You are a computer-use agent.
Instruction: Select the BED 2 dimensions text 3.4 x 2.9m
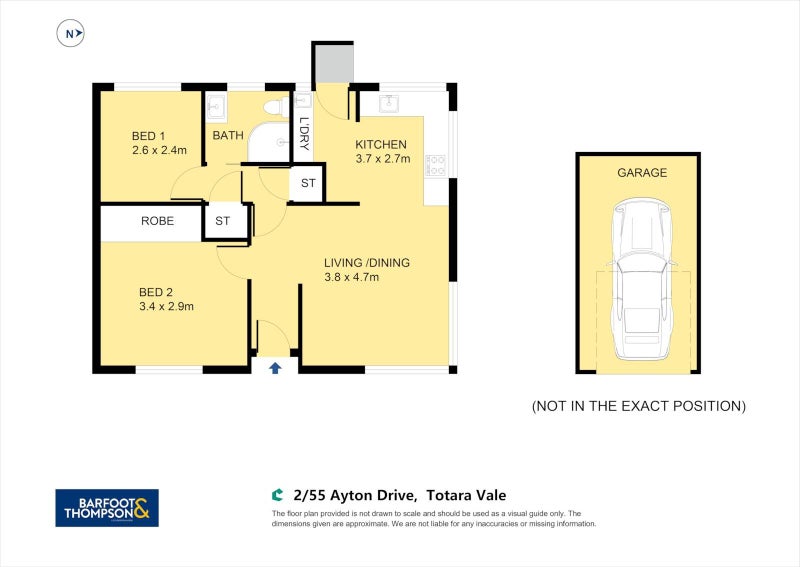click(x=166, y=306)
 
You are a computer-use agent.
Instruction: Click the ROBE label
click(x=157, y=221)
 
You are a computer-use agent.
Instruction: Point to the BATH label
click(x=227, y=136)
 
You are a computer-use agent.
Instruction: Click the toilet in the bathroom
click(x=273, y=105)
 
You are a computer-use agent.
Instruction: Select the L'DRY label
click(x=304, y=134)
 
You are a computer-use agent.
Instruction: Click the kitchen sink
click(x=390, y=103)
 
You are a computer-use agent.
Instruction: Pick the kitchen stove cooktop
click(x=435, y=165)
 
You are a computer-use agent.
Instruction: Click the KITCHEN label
click(x=381, y=144)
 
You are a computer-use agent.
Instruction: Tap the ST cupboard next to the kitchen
click(x=307, y=184)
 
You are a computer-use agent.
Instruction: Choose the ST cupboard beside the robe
click(x=222, y=221)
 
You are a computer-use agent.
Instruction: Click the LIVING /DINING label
click(x=366, y=263)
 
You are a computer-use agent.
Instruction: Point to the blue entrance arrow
click(x=275, y=368)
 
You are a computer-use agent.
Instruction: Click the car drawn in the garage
click(x=637, y=280)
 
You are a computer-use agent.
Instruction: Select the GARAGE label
click(x=641, y=173)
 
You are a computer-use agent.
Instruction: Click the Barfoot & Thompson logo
click(x=106, y=507)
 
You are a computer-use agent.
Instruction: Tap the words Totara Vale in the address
click(x=466, y=495)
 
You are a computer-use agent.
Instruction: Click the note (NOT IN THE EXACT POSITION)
click(x=638, y=406)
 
